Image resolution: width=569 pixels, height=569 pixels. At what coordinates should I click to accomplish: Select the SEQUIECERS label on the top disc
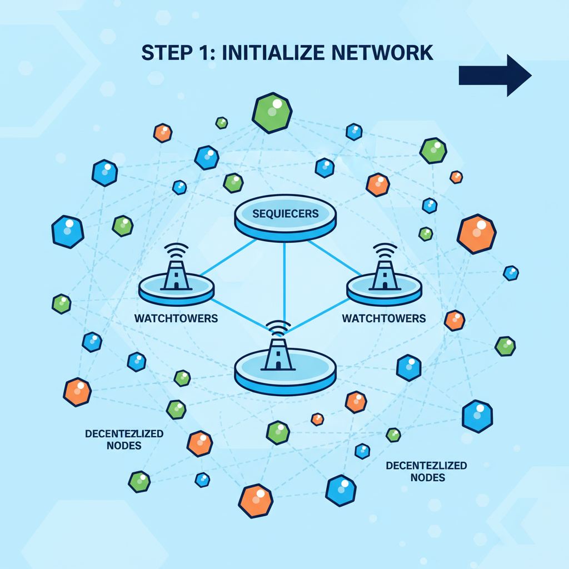[285, 213]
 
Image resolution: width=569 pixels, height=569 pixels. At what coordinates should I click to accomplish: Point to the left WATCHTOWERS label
[176, 319]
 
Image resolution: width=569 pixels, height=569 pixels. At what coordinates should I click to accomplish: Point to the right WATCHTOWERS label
[384, 318]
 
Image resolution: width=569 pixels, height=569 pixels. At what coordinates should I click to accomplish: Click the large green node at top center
[272, 113]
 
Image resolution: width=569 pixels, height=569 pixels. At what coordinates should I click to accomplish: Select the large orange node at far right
[476, 234]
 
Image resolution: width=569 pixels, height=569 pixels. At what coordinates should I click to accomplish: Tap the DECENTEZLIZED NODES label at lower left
[124, 439]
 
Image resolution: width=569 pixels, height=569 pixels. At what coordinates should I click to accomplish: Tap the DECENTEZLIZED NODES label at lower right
[427, 471]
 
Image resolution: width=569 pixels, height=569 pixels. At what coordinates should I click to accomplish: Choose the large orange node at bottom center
[256, 500]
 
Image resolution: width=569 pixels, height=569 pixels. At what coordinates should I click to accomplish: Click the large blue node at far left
[68, 231]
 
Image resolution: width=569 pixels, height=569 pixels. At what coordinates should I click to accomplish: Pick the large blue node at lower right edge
[477, 416]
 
